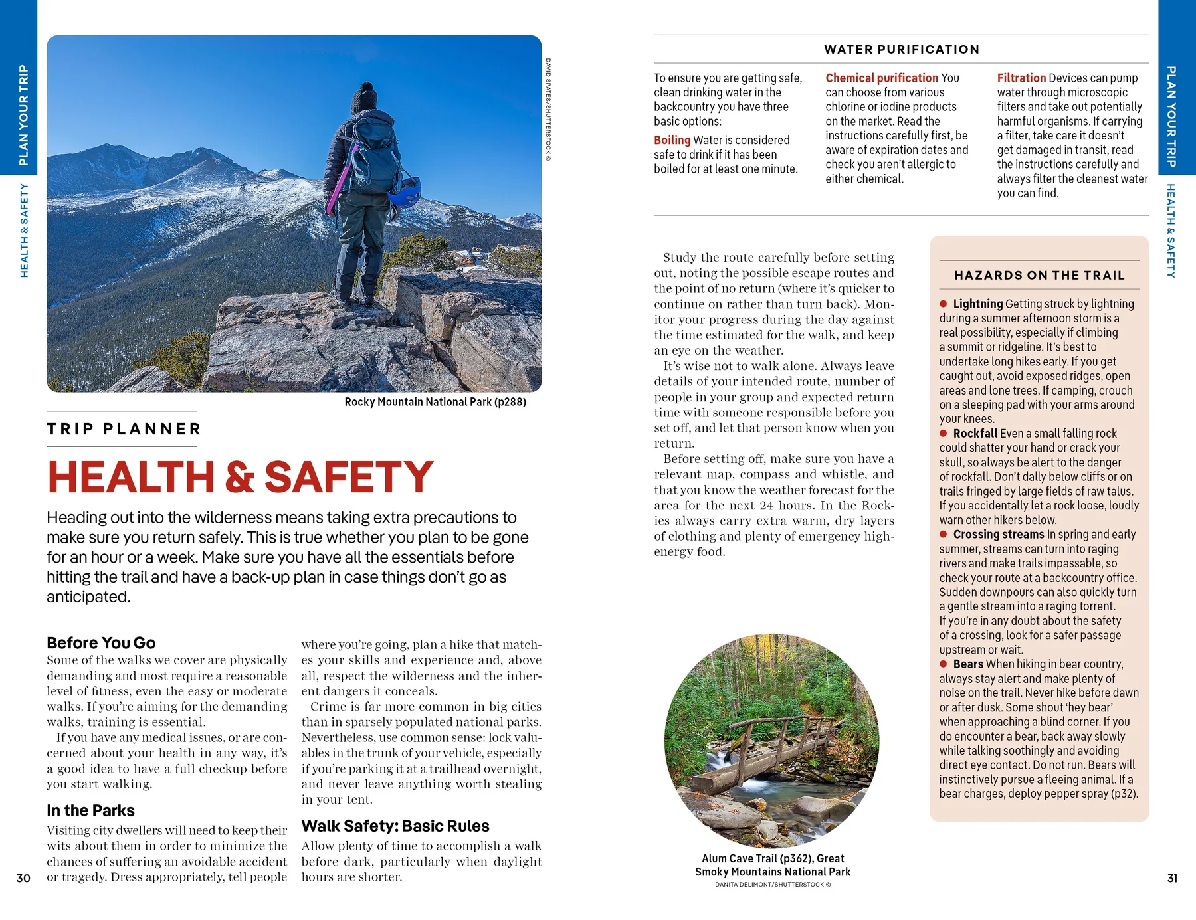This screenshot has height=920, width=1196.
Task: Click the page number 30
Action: tap(23, 878)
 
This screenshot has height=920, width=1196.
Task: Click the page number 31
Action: tap(1172, 878)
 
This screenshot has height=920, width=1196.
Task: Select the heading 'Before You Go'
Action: tap(101, 643)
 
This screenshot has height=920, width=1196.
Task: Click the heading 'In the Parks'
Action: tap(90, 810)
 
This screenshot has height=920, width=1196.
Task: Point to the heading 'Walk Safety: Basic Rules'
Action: tap(395, 826)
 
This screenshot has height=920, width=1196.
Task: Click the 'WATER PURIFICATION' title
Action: tap(902, 50)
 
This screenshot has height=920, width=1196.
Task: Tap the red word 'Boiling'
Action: tap(672, 140)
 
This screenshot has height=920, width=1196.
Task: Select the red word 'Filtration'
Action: tap(1021, 78)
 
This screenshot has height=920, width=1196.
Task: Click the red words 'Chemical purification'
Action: tap(882, 78)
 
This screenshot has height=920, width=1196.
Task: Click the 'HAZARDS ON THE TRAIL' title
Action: tap(1039, 276)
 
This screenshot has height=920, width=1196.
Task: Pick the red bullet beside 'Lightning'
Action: tap(943, 304)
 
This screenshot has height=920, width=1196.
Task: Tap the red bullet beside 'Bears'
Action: tap(943, 664)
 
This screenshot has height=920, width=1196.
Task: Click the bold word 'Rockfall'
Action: tap(975, 434)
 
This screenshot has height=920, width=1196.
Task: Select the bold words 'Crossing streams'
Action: tap(999, 535)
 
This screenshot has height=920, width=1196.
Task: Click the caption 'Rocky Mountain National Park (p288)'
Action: tap(435, 402)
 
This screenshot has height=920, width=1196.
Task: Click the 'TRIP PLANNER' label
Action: tap(124, 429)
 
